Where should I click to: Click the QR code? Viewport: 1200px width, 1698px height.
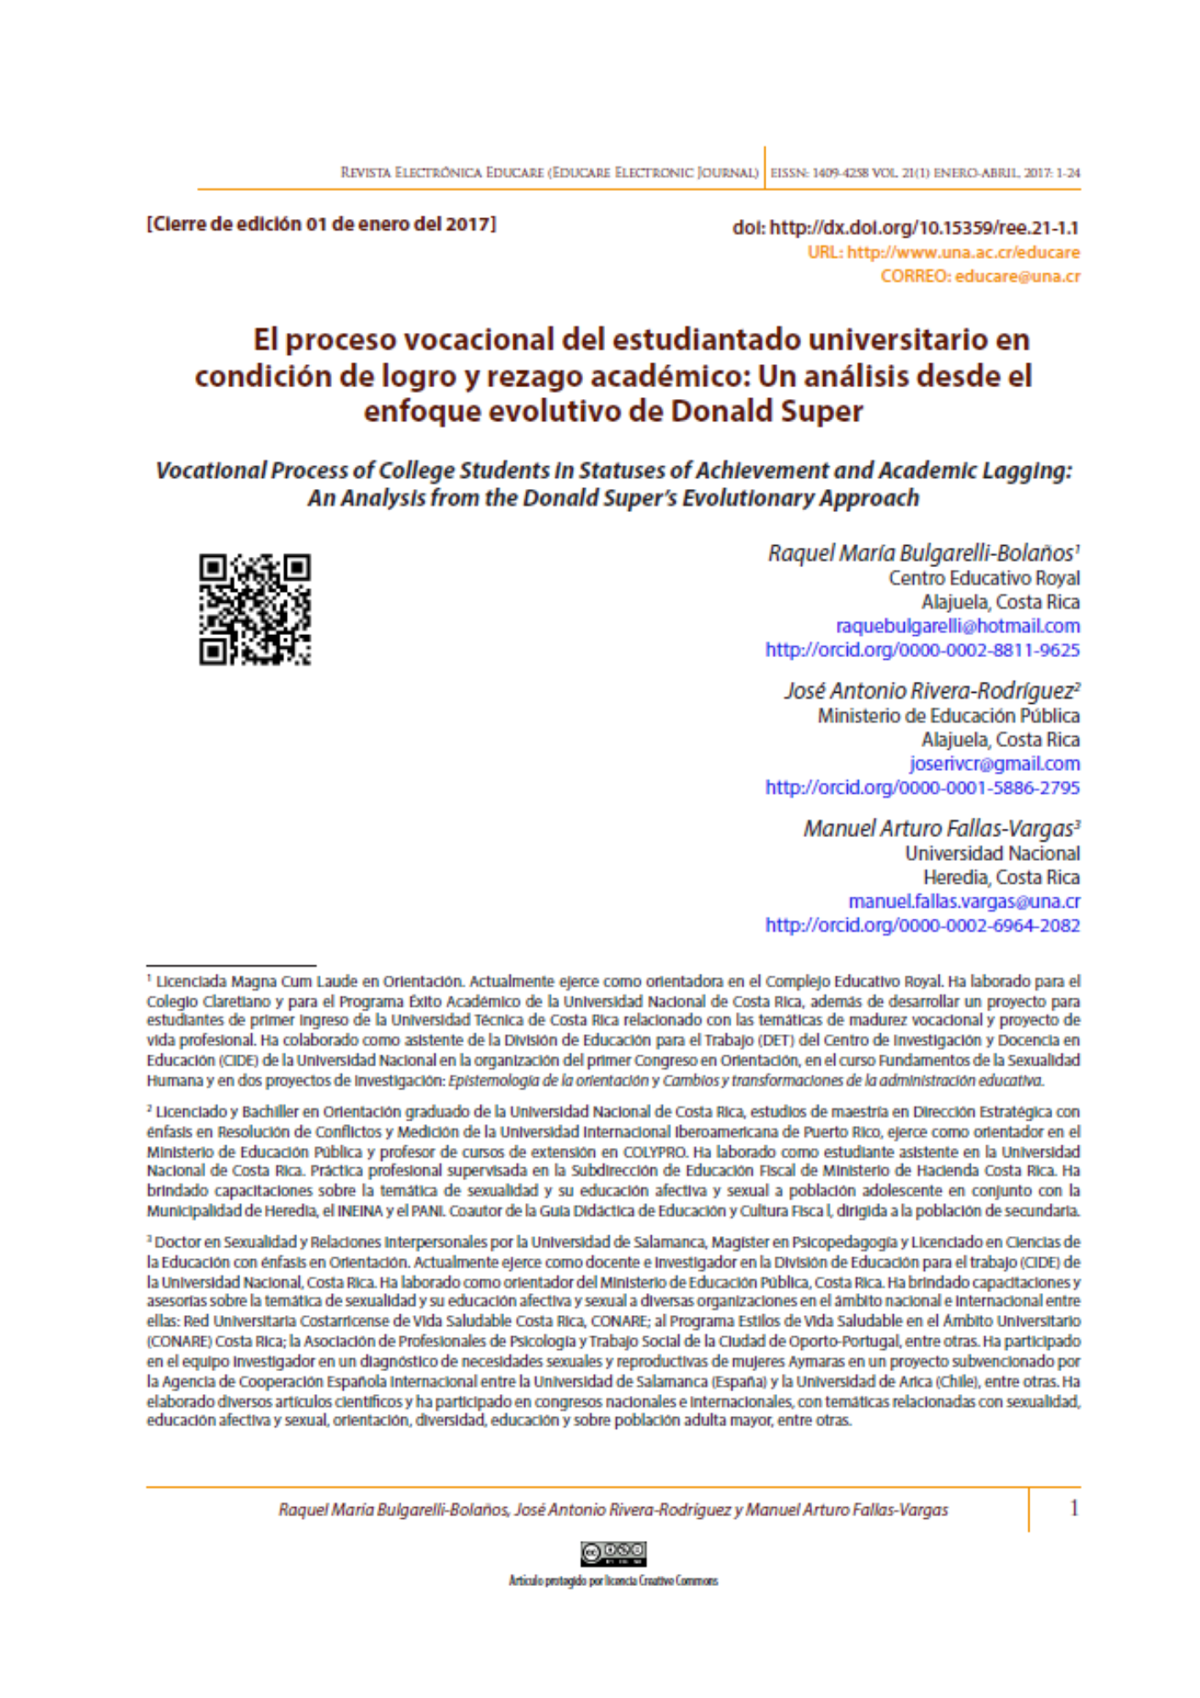[255, 609]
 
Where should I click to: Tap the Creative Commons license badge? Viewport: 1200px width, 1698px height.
[614, 1553]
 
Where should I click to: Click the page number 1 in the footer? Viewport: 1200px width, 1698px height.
[1074, 1508]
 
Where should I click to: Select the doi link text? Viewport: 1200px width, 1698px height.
[906, 228]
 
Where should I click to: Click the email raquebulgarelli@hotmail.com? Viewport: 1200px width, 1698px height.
[957, 626]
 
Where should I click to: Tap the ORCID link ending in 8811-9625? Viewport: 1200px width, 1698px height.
[922, 649]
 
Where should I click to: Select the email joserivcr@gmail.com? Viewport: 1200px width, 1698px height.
[995, 763]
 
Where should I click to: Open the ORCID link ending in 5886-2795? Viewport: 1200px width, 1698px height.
[922, 787]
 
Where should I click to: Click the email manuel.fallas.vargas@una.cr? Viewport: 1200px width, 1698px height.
[964, 901]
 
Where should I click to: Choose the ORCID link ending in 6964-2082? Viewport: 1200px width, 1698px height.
[922, 925]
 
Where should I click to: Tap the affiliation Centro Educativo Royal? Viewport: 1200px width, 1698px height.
[984, 578]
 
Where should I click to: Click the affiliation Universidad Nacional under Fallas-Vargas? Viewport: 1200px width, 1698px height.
[992, 853]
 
